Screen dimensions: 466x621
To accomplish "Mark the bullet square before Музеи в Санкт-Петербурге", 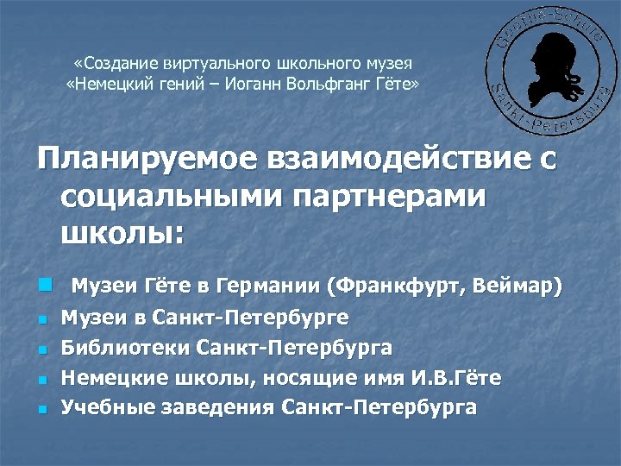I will [x=41, y=319].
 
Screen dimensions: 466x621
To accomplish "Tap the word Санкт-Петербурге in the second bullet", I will [x=250, y=318].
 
